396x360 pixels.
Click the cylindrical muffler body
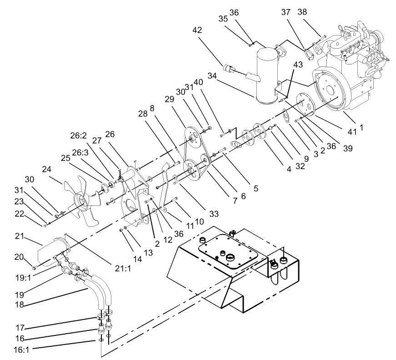266,73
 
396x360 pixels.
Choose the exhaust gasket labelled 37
310,52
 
